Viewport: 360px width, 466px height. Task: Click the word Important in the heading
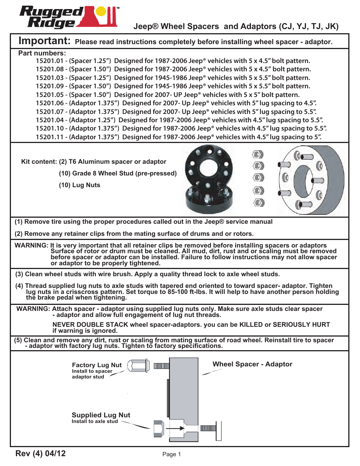pyautogui.click(x=44, y=41)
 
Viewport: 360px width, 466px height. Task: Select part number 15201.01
pyautogui.click(x=49, y=61)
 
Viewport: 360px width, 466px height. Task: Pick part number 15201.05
pyautogui.click(x=49, y=95)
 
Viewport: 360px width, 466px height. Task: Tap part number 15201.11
pyautogui.click(x=49, y=137)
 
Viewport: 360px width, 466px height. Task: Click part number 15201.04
pyautogui.click(x=49, y=120)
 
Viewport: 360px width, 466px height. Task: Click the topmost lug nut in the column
pyautogui.click(x=258, y=154)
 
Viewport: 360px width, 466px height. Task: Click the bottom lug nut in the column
pyautogui.click(x=259, y=203)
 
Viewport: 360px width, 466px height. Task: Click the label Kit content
pyautogui.click(x=39, y=161)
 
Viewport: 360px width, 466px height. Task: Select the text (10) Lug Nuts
pyautogui.click(x=80, y=185)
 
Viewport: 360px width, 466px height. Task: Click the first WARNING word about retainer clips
pyautogui.click(x=31, y=245)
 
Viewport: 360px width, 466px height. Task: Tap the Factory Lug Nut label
pyautogui.click(x=97, y=365)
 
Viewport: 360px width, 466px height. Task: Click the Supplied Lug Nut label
pyautogui.click(x=101, y=415)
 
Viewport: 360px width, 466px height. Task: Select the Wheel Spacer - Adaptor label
pyautogui.click(x=252, y=364)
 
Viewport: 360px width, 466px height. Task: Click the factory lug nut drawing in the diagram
pyautogui.click(x=138, y=366)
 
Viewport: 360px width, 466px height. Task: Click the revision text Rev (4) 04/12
pyautogui.click(x=40, y=453)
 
